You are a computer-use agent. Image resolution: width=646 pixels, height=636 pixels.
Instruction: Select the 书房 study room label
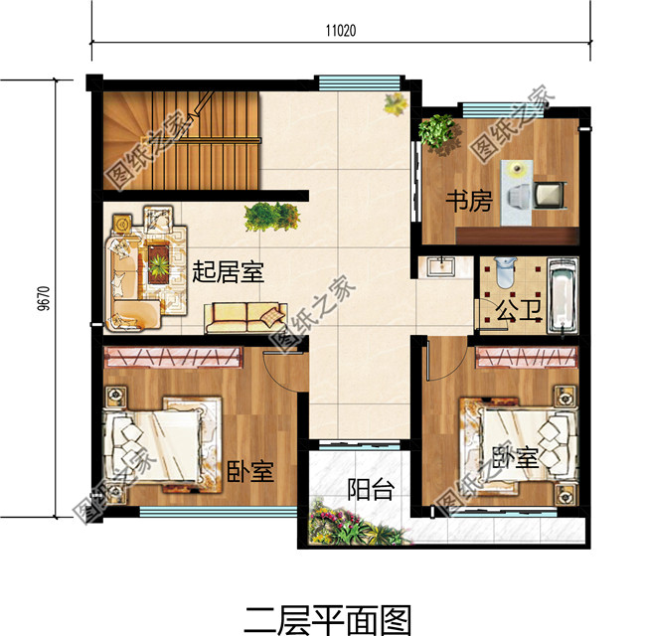[x=468, y=202]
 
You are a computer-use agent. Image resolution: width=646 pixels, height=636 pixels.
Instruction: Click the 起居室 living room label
[x=229, y=270]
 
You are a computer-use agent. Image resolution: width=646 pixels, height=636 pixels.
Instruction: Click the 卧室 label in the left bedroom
[x=249, y=471]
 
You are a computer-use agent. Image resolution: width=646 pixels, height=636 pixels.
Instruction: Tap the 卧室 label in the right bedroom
[x=516, y=457]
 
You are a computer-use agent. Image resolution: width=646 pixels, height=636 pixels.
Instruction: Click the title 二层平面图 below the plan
[x=327, y=619]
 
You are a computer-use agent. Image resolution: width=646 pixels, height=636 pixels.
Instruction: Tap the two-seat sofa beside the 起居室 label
[x=245, y=317]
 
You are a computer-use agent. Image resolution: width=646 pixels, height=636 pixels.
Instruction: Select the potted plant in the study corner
[x=436, y=131]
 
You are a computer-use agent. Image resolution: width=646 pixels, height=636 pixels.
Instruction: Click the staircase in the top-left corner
[x=179, y=139]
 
